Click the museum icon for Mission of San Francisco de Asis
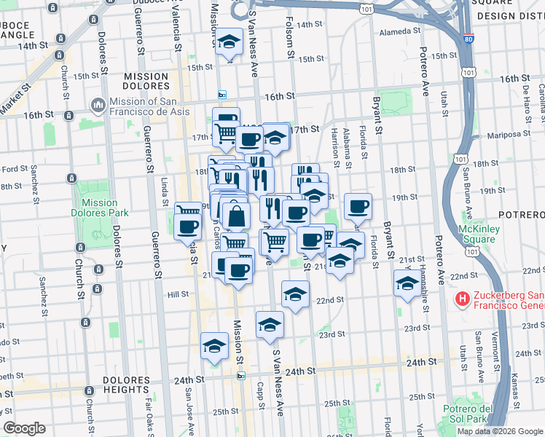(98, 106)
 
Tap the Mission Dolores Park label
(100, 208)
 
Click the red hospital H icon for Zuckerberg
(461, 299)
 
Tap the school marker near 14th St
(230, 43)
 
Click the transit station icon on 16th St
(222, 95)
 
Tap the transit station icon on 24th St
(241, 376)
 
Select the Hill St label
(179, 294)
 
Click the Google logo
(25, 428)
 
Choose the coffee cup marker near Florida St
(357, 207)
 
